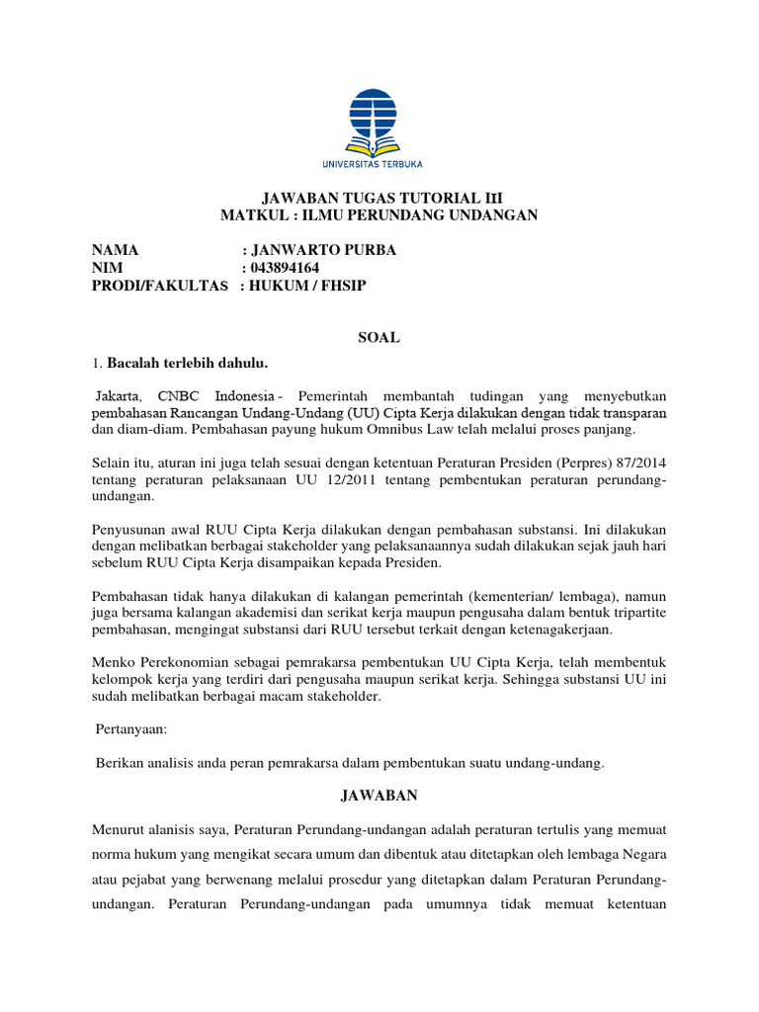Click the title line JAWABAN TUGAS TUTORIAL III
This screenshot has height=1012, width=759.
click(379, 198)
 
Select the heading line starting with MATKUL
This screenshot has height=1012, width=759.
click(379, 215)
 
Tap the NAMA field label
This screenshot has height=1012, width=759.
click(116, 250)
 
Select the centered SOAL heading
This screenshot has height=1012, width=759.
click(379, 337)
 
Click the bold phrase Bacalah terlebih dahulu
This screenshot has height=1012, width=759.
click(187, 361)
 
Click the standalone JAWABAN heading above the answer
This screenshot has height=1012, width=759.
click(379, 796)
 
